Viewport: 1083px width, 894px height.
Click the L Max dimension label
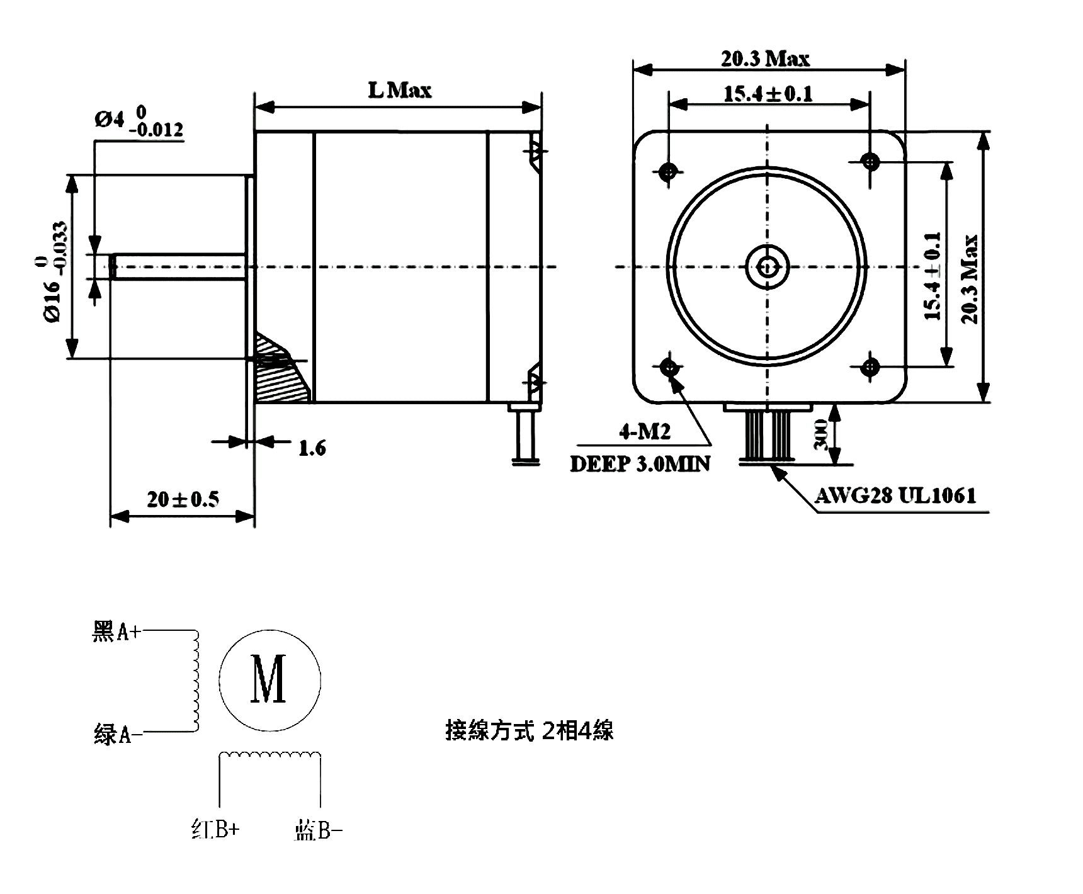(x=400, y=91)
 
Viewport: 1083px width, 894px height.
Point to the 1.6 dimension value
(x=312, y=448)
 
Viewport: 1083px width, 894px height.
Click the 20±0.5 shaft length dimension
(x=183, y=499)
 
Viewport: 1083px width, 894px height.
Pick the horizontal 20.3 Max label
(x=765, y=59)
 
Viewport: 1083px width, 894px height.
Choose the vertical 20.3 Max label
(x=970, y=279)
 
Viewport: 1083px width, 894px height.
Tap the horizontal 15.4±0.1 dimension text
(x=768, y=94)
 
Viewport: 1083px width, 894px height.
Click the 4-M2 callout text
(x=645, y=432)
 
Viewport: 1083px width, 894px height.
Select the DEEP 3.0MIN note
(x=640, y=464)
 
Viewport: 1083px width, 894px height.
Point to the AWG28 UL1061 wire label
(x=895, y=496)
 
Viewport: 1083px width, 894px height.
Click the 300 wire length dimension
(x=820, y=435)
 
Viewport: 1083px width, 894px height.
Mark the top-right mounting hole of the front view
(x=870, y=162)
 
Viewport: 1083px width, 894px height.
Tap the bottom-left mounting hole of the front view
(x=669, y=366)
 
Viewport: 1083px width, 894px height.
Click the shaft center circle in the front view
(x=768, y=267)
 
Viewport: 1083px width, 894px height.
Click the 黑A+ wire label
(x=117, y=631)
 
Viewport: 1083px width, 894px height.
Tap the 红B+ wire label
(x=215, y=829)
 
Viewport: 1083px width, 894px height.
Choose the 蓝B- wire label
(x=318, y=831)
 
